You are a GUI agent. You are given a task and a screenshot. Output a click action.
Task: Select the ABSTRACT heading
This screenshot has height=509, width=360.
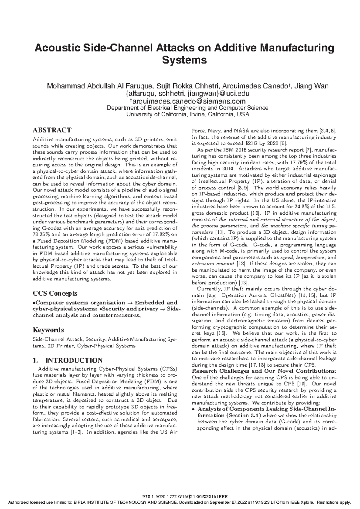coord(52,130)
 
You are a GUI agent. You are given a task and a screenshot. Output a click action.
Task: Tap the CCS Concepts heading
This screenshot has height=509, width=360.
coord(55,293)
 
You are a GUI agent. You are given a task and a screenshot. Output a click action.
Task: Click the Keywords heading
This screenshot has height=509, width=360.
coord(48,330)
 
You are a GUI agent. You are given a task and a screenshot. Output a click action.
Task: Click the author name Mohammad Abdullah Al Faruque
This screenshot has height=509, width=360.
coord(99,86)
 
